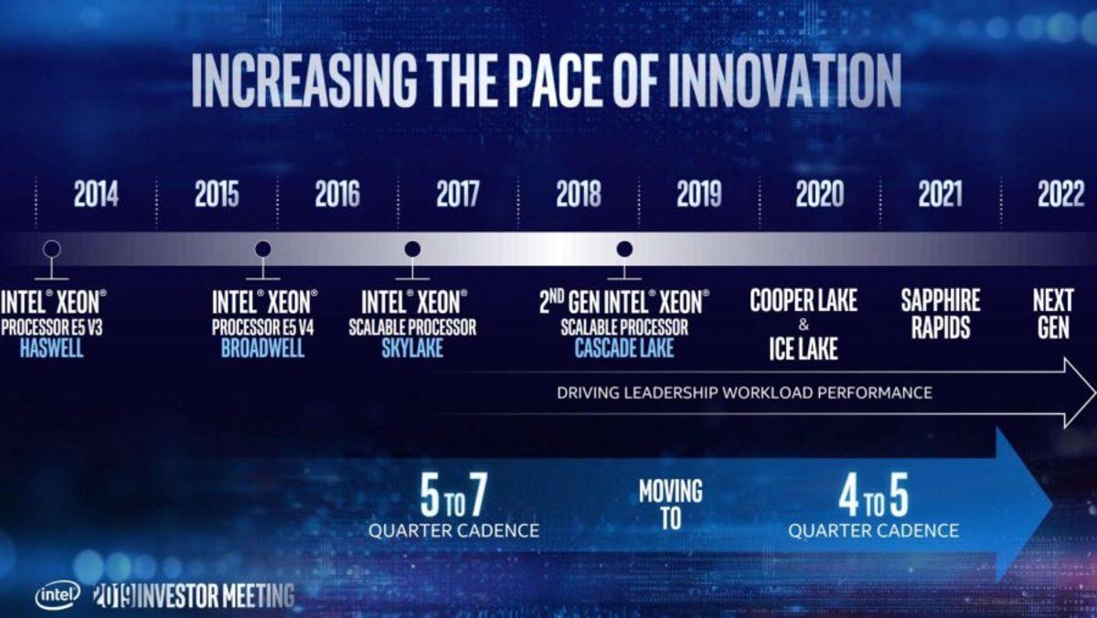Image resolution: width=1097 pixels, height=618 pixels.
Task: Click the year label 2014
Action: click(x=96, y=195)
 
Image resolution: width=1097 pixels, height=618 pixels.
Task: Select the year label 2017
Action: click(x=457, y=195)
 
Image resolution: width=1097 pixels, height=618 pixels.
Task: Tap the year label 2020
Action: click(x=819, y=195)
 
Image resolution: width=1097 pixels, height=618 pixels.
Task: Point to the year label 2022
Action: click(x=1060, y=195)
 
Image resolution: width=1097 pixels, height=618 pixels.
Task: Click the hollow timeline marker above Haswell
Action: click(x=51, y=248)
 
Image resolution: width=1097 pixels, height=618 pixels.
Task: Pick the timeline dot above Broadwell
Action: click(x=262, y=248)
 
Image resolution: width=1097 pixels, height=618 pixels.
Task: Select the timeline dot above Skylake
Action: click(x=412, y=248)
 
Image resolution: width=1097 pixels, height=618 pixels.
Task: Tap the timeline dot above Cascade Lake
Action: click(x=624, y=248)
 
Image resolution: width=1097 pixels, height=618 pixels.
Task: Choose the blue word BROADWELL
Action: click(x=263, y=348)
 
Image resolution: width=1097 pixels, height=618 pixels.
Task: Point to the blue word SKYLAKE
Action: click(x=412, y=348)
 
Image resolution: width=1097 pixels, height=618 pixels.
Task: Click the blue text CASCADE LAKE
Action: click(x=624, y=348)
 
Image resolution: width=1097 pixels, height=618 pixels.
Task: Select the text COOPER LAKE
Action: click(x=804, y=301)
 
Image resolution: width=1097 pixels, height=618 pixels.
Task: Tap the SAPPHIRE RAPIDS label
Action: click(x=940, y=314)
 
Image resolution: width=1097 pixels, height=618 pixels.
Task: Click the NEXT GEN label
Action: click(x=1053, y=314)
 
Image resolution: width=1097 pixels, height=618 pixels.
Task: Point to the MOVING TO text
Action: click(x=670, y=505)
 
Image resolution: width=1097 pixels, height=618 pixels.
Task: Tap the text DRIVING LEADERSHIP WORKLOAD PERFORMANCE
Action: click(x=744, y=393)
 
